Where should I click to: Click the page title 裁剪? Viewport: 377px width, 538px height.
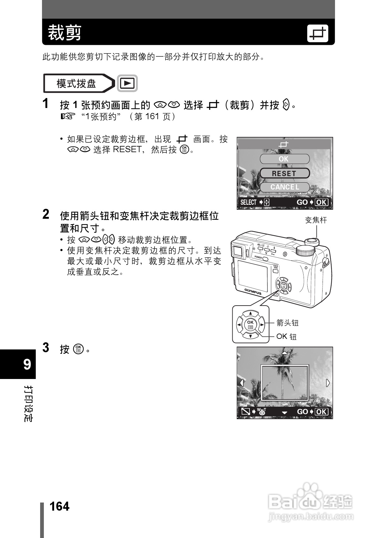point(64,33)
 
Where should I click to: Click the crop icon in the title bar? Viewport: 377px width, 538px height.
point(318,33)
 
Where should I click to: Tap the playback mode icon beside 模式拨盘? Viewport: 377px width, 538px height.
point(127,83)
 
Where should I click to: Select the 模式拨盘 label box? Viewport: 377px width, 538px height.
point(77,83)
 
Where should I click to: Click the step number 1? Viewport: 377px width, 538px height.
point(46,104)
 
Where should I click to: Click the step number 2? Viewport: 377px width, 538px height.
point(46,214)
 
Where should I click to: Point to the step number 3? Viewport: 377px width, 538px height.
point(46,348)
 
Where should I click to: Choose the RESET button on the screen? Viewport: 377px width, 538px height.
point(284,173)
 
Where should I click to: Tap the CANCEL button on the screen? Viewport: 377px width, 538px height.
point(284,187)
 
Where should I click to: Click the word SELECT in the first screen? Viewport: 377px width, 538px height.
point(248,203)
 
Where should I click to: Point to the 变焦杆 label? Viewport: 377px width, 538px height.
point(316,220)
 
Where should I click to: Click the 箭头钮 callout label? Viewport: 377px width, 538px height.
point(287,323)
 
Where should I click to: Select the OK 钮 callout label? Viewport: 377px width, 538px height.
point(286,336)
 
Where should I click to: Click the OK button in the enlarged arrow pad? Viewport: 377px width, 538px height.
point(250,325)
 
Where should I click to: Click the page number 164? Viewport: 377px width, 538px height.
point(59,507)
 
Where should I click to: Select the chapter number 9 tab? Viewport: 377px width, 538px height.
point(27,364)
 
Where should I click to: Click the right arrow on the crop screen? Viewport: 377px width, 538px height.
point(328,383)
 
